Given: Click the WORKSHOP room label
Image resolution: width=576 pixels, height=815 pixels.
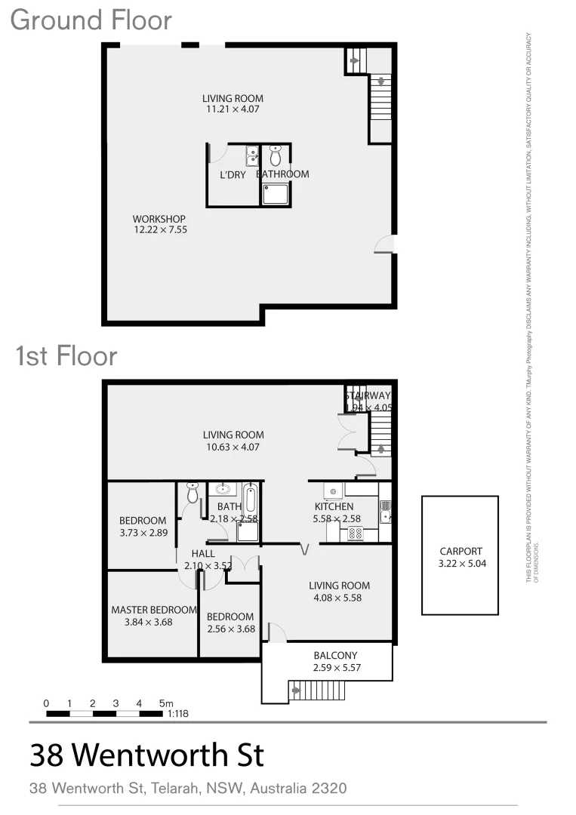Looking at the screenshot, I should pos(159,220).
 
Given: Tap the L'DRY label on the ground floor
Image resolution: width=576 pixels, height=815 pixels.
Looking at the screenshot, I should pos(233,174).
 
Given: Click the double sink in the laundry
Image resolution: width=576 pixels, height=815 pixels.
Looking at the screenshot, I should pos(251,156).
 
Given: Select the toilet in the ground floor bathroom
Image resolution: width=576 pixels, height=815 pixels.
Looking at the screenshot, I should pos(276,155).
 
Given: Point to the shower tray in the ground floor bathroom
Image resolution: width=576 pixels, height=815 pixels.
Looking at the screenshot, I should pos(276,194).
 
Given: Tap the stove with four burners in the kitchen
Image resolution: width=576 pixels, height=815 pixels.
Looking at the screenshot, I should pos(355,534).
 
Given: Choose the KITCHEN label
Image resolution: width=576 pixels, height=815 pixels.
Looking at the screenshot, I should pos(334,506).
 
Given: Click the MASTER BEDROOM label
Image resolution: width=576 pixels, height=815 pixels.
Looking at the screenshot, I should pos(154,610).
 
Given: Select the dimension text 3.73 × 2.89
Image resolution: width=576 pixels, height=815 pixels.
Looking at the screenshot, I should pos(143,533).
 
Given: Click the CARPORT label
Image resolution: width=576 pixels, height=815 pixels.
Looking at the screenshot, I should pos(460,552).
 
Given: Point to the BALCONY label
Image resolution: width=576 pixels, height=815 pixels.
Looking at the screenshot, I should pos(334,655).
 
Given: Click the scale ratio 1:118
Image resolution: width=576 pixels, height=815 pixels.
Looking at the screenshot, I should pos(177,713).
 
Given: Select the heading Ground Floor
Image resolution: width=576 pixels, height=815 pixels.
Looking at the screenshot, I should pos(91,20).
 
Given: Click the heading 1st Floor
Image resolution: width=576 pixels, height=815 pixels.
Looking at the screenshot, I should pos(66,355).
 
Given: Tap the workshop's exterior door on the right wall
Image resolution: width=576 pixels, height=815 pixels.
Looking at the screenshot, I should pos(386,244).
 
